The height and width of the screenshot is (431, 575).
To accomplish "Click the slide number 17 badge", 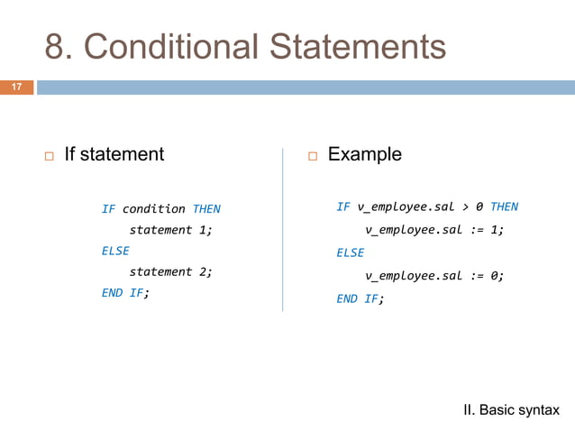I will point(16,87).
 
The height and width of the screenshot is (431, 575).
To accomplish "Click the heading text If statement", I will point(114,154).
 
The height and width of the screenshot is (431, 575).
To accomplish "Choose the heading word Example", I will point(365,154).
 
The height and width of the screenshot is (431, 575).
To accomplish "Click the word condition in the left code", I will point(153,209).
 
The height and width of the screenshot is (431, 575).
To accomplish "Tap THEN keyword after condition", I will point(206,209).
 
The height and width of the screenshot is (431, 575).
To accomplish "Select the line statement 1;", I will point(171,230).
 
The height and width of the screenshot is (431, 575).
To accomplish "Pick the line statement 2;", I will point(171,271).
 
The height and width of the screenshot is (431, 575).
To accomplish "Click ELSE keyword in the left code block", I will point(115,251).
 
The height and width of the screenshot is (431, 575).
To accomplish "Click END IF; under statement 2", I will point(125,292).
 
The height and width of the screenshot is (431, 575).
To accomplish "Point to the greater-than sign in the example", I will point(464,207).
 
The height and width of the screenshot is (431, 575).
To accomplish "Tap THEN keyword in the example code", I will point(504,207).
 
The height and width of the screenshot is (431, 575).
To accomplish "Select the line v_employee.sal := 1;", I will point(434,230).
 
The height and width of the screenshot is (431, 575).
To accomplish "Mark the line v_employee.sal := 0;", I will point(434,277).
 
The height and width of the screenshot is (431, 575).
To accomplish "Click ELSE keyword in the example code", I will point(350,253).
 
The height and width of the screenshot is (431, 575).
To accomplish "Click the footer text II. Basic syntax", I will point(511,410).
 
